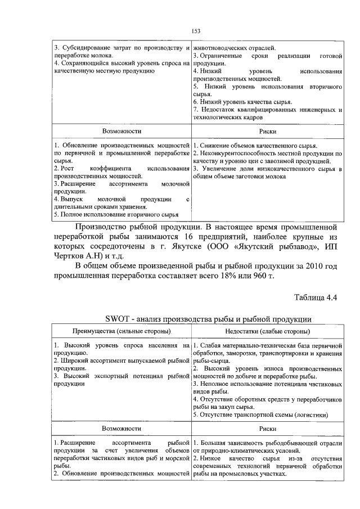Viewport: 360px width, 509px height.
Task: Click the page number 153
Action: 196,31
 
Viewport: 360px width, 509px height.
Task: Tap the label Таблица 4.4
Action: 315,298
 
